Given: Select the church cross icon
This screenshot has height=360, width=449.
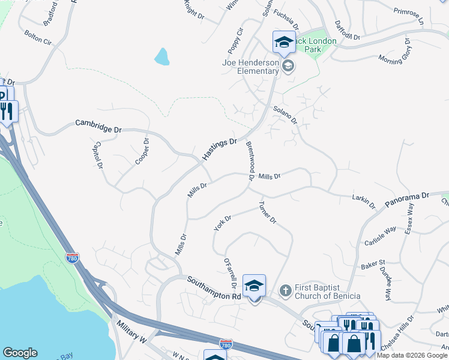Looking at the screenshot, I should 286,291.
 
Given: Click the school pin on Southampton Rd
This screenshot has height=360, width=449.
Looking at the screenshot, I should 254,286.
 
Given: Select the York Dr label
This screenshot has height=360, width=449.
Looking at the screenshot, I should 222,223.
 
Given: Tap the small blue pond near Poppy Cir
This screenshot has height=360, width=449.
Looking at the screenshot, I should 161,57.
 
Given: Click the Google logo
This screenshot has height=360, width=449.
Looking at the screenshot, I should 20,353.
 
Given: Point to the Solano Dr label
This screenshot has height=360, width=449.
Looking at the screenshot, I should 285,115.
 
